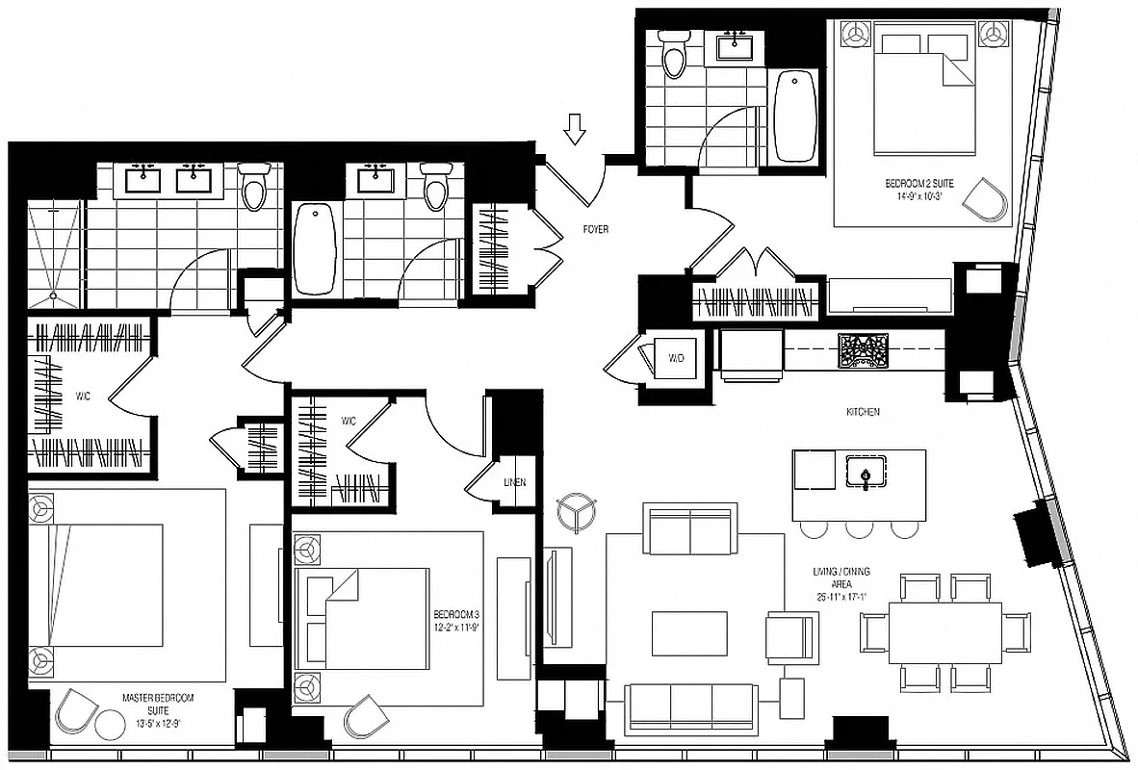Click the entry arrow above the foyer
click(x=575, y=128)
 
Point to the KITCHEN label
click(x=863, y=412)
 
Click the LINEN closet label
click(x=514, y=482)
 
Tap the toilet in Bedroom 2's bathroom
click(x=674, y=53)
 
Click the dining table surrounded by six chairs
click(x=944, y=632)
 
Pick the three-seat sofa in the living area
click(x=690, y=707)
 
